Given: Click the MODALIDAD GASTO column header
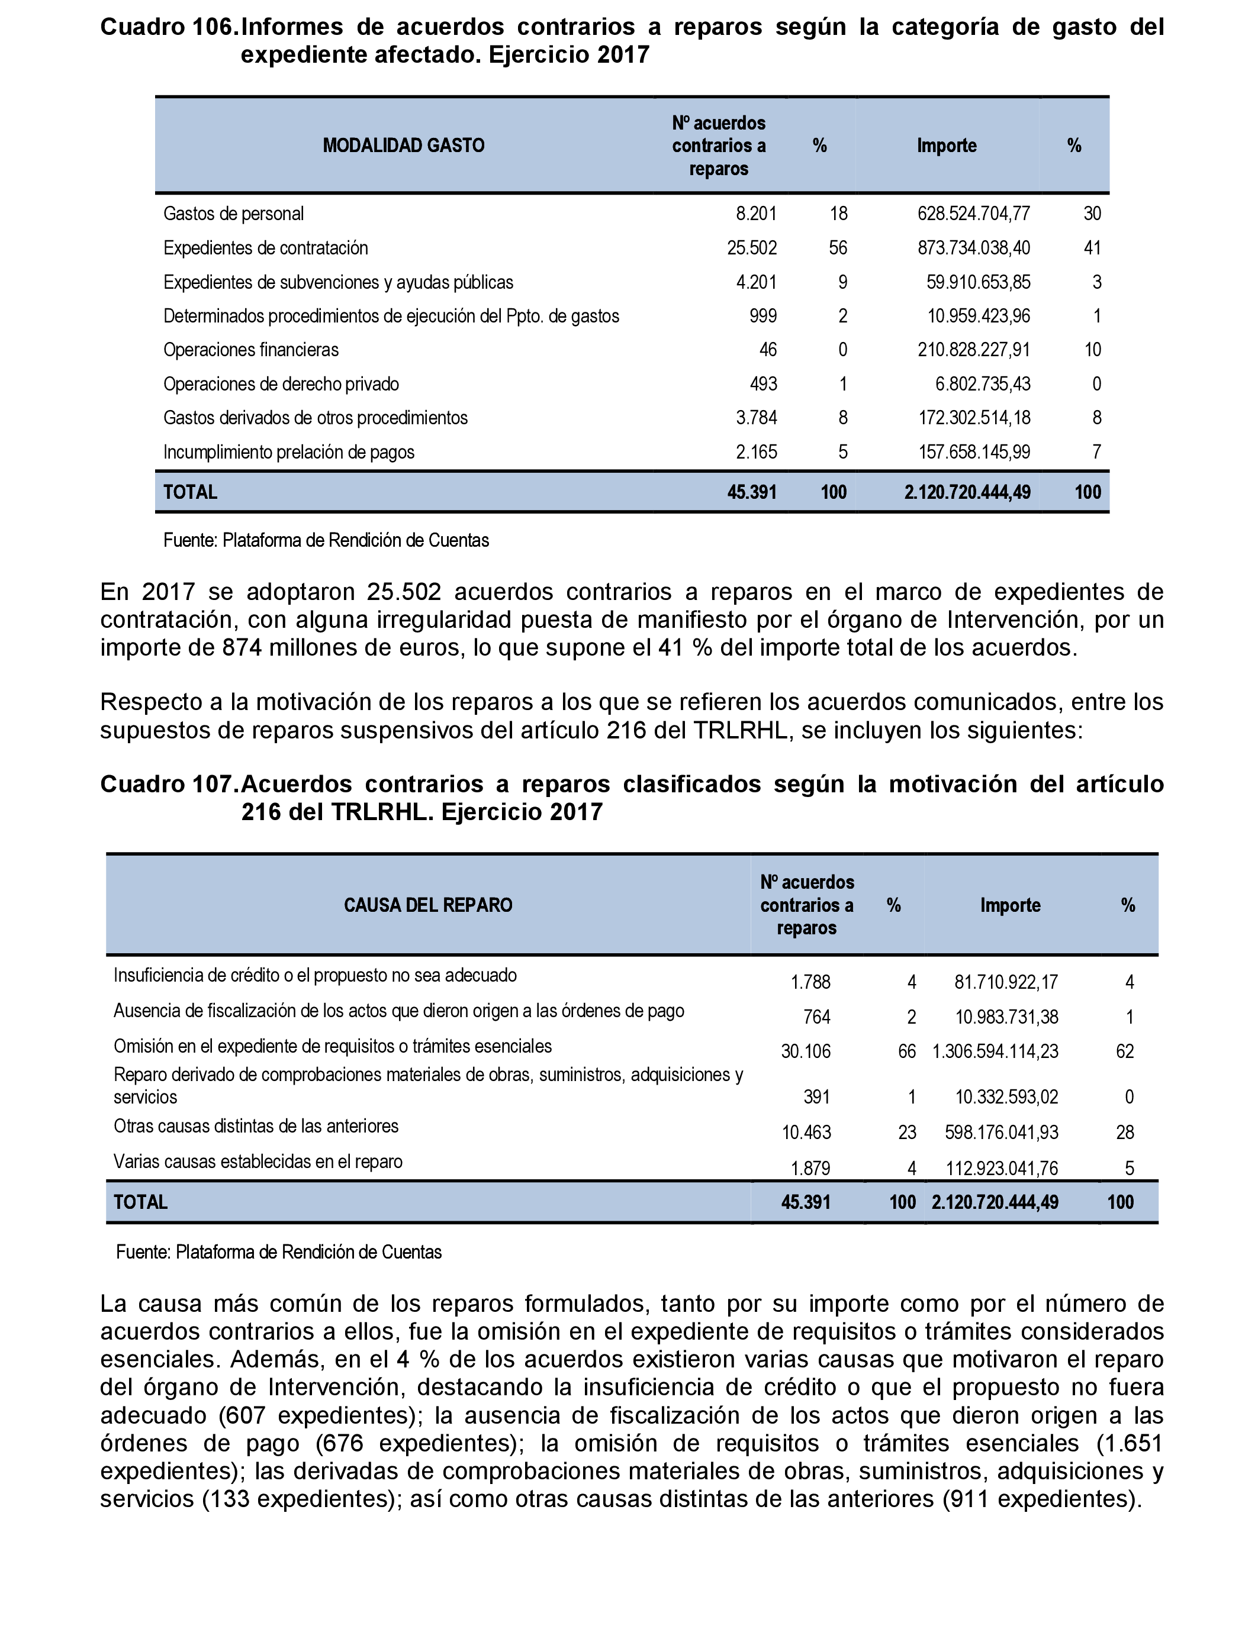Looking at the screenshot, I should [x=404, y=145].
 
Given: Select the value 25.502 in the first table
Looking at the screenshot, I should [x=752, y=248].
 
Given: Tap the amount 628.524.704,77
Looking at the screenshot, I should [x=973, y=214].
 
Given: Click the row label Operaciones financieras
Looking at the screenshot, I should [x=251, y=350].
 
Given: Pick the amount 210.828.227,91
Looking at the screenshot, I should [x=973, y=350].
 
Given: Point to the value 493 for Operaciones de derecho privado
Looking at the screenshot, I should [x=763, y=384].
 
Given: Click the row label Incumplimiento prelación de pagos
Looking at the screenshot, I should [x=288, y=452].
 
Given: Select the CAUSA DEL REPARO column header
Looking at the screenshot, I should [x=427, y=905].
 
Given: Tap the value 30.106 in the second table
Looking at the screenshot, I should [x=806, y=1051].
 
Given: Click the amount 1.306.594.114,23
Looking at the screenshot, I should [x=995, y=1051].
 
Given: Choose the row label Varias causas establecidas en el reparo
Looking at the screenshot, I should [x=258, y=1162].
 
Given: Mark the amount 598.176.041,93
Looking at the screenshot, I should [x=1001, y=1133].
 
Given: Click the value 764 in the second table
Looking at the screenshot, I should [x=816, y=1017].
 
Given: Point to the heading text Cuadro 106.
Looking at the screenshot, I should [x=169, y=28].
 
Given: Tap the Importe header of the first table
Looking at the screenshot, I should [x=947, y=145].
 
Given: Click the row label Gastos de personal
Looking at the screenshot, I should [x=234, y=214].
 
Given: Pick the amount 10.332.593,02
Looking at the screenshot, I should [x=1006, y=1097].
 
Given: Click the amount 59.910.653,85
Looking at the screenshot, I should [x=978, y=282].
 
